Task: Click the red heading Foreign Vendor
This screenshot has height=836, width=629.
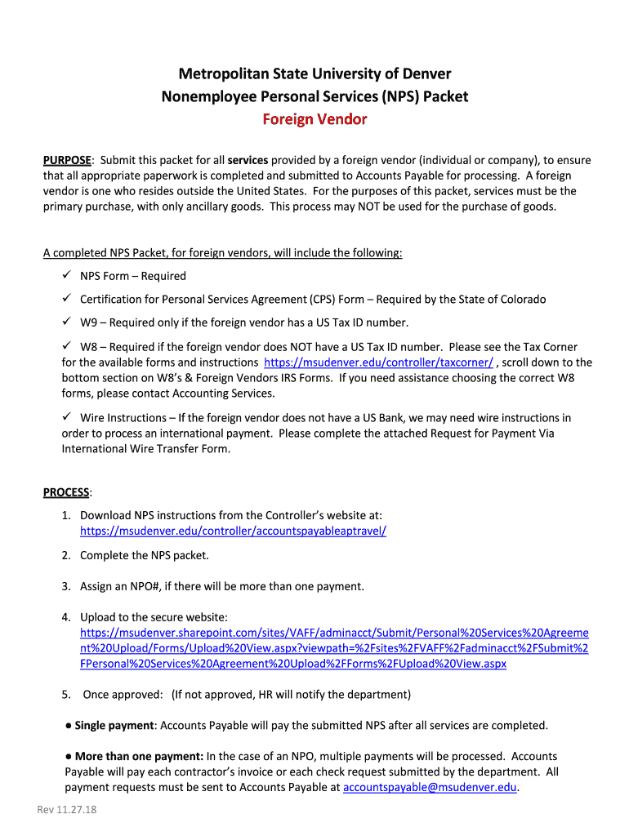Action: click(x=314, y=119)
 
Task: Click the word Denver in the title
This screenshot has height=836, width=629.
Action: click(x=422, y=73)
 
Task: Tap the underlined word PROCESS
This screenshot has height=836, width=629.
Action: click(x=66, y=492)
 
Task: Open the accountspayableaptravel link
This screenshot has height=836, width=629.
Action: click(x=233, y=531)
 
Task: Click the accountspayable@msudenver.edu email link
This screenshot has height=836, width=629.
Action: click(x=430, y=787)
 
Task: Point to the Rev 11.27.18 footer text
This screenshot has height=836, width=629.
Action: click(x=67, y=810)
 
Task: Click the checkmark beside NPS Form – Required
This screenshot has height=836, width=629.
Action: click(x=68, y=276)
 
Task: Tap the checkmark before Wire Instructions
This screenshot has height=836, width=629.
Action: click(x=68, y=417)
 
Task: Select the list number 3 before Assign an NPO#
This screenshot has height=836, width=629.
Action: click(x=65, y=586)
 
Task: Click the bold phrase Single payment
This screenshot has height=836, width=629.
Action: click(x=114, y=725)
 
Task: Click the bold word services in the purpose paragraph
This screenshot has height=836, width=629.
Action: click(x=248, y=160)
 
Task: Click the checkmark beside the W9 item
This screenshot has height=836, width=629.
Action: click(x=68, y=322)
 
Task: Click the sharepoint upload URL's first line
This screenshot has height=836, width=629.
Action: click(x=334, y=633)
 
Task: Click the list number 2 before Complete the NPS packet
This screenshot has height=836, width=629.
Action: click(x=65, y=555)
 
